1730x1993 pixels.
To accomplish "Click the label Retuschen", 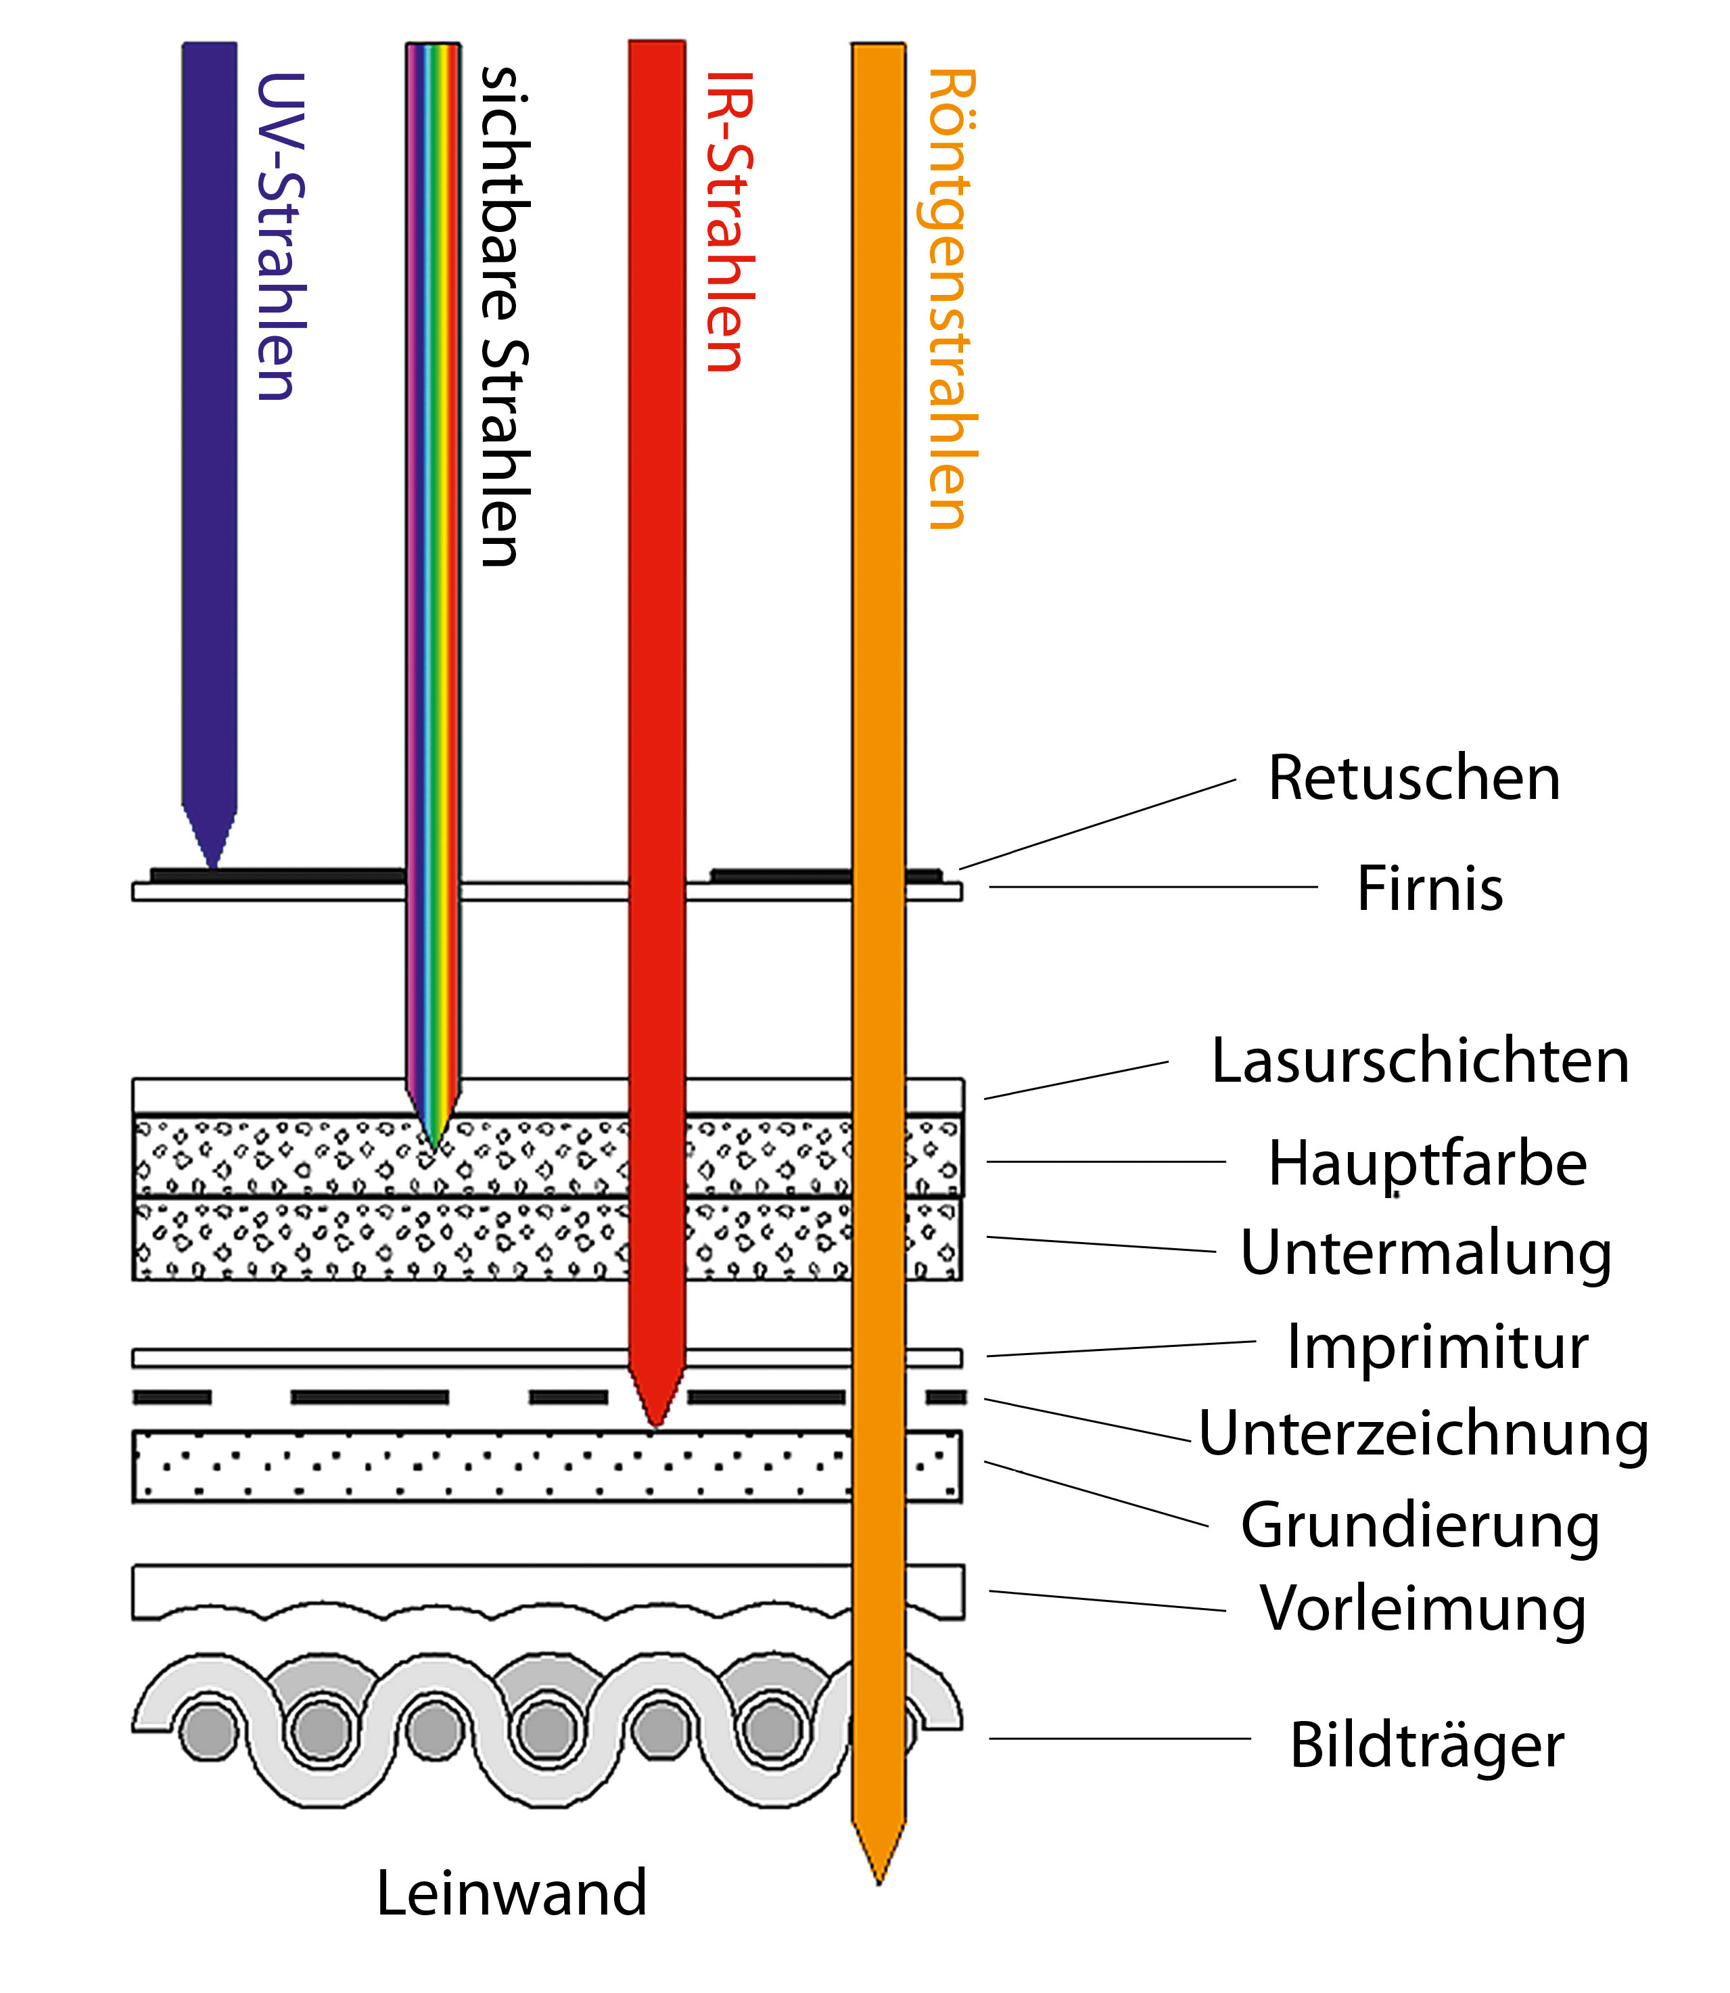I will pyautogui.click(x=1413, y=777).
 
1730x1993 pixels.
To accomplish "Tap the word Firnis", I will pyautogui.click(x=1429, y=888).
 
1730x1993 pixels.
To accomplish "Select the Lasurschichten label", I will pyautogui.click(x=1419, y=1061).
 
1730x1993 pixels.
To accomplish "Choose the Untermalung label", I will pyautogui.click(x=1425, y=1254).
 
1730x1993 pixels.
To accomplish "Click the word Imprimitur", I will pyautogui.click(x=1436, y=1346).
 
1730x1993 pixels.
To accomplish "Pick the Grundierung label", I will pyautogui.click(x=1419, y=1526).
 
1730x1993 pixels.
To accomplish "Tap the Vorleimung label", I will pyautogui.click(x=1423, y=1609).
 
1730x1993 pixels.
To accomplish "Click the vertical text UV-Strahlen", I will pyautogui.click(x=280, y=237).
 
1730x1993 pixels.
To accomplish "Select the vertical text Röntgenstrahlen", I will pyautogui.click(x=950, y=299).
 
